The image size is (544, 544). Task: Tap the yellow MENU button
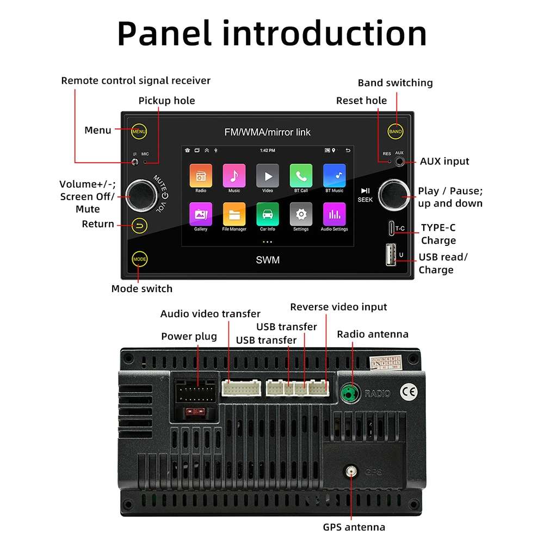[x=139, y=131]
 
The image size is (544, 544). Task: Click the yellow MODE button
[x=140, y=259]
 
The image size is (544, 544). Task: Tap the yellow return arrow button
[x=140, y=225]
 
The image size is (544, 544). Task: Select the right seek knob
[x=394, y=195]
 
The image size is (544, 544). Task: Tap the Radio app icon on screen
[x=201, y=176]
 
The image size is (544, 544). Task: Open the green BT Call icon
[x=301, y=176]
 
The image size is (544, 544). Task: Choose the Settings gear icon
[x=301, y=214]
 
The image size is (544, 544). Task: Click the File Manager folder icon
[x=234, y=214]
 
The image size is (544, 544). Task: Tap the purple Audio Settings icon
[x=334, y=214]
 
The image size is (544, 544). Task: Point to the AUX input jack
[x=400, y=161]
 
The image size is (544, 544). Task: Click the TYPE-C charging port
[x=390, y=227]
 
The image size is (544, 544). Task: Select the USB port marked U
[x=391, y=255]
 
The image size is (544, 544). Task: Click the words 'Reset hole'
[x=361, y=101]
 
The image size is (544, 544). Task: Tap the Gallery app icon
[x=201, y=214]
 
